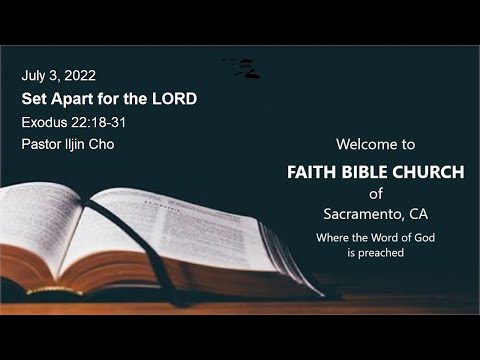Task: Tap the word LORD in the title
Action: click(x=173, y=99)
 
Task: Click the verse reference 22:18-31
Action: click(x=98, y=122)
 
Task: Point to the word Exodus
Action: click(x=44, y=122)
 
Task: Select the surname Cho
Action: click(x=103, y=144)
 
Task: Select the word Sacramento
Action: click(x=363, y=213)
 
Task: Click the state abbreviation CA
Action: click(x=416, y=213)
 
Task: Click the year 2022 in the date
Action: click(x=80, y=75)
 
